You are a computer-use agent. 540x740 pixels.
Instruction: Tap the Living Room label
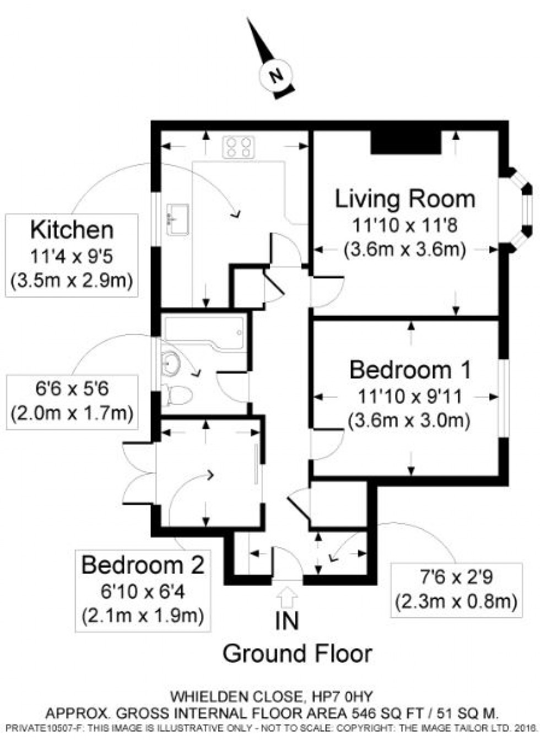(405, 198)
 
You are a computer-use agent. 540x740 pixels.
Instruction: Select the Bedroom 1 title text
(411, 370)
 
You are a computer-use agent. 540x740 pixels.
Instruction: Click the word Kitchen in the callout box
(72, 229)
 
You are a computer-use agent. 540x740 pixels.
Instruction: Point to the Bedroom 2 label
(143, 565)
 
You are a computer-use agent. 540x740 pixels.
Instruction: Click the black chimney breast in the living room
(406, 143)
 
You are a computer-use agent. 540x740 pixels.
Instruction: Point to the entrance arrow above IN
(288, 597)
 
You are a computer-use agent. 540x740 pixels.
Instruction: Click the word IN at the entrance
(287, 621)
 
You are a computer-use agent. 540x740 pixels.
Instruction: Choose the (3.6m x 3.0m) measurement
(409, 421)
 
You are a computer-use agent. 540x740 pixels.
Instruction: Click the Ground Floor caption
(298, 654)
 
